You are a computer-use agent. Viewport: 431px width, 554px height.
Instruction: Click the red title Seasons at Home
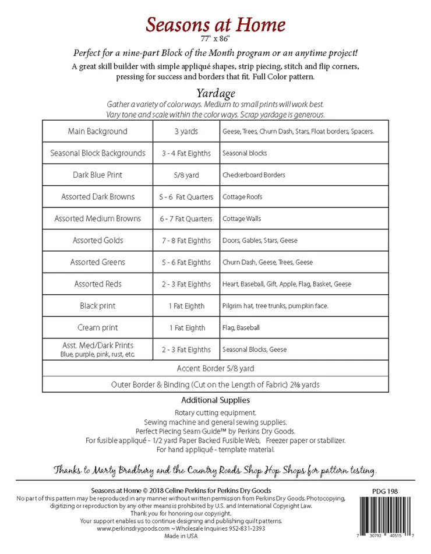(216, 25)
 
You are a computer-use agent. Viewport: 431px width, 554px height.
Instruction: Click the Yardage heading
(216, 93)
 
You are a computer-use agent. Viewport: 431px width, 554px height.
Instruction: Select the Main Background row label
(97, 132)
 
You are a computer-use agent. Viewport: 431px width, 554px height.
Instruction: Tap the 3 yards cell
(186, 132)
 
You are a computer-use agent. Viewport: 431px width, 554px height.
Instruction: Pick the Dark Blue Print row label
(97, 175)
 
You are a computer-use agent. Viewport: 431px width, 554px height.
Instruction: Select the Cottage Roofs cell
(242, 197)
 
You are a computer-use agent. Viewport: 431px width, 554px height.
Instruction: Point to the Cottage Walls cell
(242, 219)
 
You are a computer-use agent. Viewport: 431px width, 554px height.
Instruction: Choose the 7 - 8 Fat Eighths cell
(186, 241)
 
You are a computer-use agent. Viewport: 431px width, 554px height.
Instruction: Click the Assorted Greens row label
(97, 262)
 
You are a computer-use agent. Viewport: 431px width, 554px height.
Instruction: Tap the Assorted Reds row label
(97, 284)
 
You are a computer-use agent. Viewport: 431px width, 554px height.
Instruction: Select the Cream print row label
(97, 328)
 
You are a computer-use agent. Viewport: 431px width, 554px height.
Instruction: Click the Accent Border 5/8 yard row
(216, 369)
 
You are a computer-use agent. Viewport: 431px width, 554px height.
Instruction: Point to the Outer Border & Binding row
(216, 384)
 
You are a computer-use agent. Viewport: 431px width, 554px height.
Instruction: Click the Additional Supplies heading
(216, 400)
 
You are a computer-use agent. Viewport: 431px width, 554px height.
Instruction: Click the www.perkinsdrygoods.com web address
(133, 528)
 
